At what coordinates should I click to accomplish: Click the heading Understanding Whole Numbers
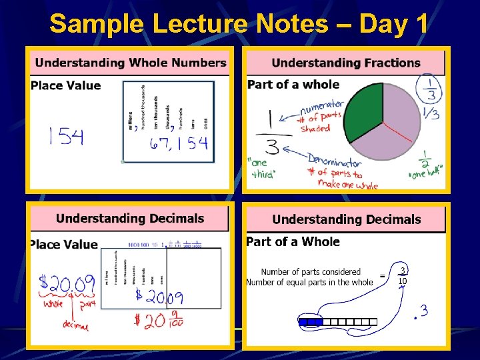131,63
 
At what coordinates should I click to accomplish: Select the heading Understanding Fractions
346,63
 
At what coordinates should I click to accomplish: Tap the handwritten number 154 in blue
66,137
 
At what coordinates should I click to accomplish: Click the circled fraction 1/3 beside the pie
427,88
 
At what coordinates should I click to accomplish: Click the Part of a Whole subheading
293,242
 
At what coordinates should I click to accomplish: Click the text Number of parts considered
310,271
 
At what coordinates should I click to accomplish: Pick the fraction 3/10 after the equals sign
402,276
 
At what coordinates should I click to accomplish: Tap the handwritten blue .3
420,311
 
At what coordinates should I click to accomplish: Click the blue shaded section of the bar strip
310,322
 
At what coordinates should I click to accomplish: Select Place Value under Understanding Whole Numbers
65,85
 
